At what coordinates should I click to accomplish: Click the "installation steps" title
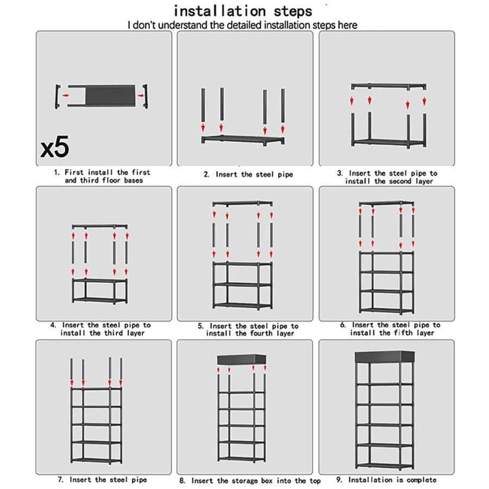coord(243,11)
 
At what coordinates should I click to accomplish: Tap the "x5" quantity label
coord(55,147)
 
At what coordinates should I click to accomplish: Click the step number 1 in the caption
coord(56,173)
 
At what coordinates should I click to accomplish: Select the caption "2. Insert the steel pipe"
coord(248,174)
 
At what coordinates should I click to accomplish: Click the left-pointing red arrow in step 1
coord(66,96)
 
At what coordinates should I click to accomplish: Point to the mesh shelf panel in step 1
coord(110,96)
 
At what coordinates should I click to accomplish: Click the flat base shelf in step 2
coord(243,140)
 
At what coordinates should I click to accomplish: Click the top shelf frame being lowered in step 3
coord(388,86)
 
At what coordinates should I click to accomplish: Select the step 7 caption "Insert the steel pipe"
coord(108,480)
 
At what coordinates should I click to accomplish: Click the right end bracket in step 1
coord(145,96)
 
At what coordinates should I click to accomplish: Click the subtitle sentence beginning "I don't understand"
coord(242,25)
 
